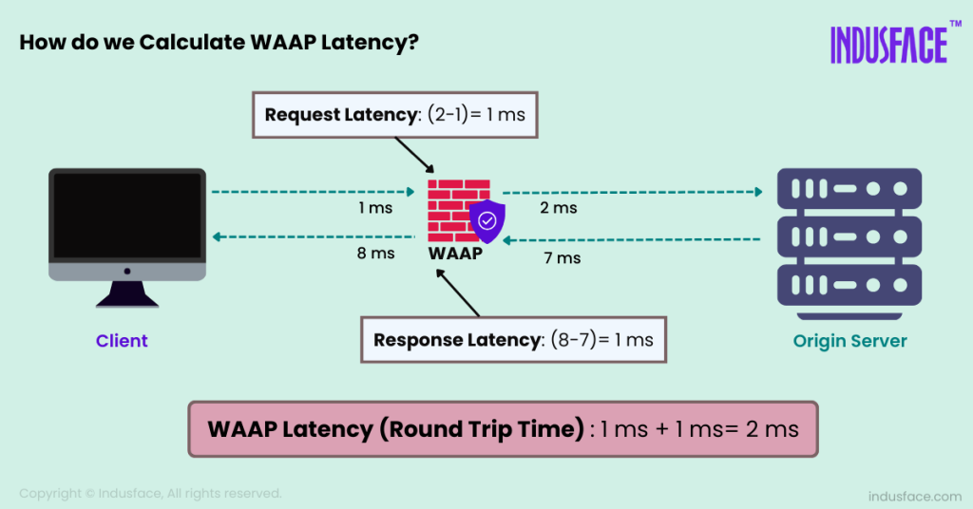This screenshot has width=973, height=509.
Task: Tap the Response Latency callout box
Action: click(513, 339)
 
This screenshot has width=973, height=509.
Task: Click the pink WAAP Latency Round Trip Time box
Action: click(503, 429)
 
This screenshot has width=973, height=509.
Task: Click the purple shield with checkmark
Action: click(486, 222)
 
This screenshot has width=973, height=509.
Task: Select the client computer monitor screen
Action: click(127, 217)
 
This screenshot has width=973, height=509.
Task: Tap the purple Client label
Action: click(122, 341)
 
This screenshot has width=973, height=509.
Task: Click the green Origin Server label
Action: click(850, 341)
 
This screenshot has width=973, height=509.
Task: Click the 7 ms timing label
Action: click(563, 257)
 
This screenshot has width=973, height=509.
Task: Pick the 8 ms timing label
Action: click(376, 253)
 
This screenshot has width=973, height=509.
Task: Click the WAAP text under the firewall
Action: click(455, 254)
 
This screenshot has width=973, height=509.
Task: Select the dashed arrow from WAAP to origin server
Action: click(632, 192)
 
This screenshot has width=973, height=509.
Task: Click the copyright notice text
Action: click(150, 493)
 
